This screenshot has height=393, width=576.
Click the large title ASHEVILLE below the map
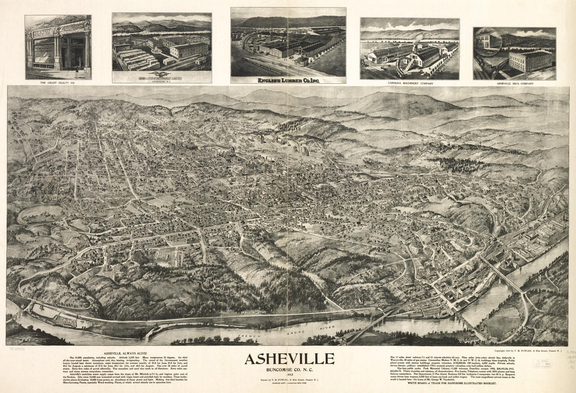pyautogui.click(x=289, y=359)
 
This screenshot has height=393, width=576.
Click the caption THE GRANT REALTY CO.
pyautogui.click(x=58, y=83)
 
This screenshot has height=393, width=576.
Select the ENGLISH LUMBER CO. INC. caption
pyautogui.click(x=288, y=80)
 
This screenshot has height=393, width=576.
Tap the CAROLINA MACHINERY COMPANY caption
pyautogui.click(x=409, y=83)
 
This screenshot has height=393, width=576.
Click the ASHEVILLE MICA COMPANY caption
pyautogui.click(x=514, y=83)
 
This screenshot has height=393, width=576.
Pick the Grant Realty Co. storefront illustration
pyautogui.click(x=58, y=47)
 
